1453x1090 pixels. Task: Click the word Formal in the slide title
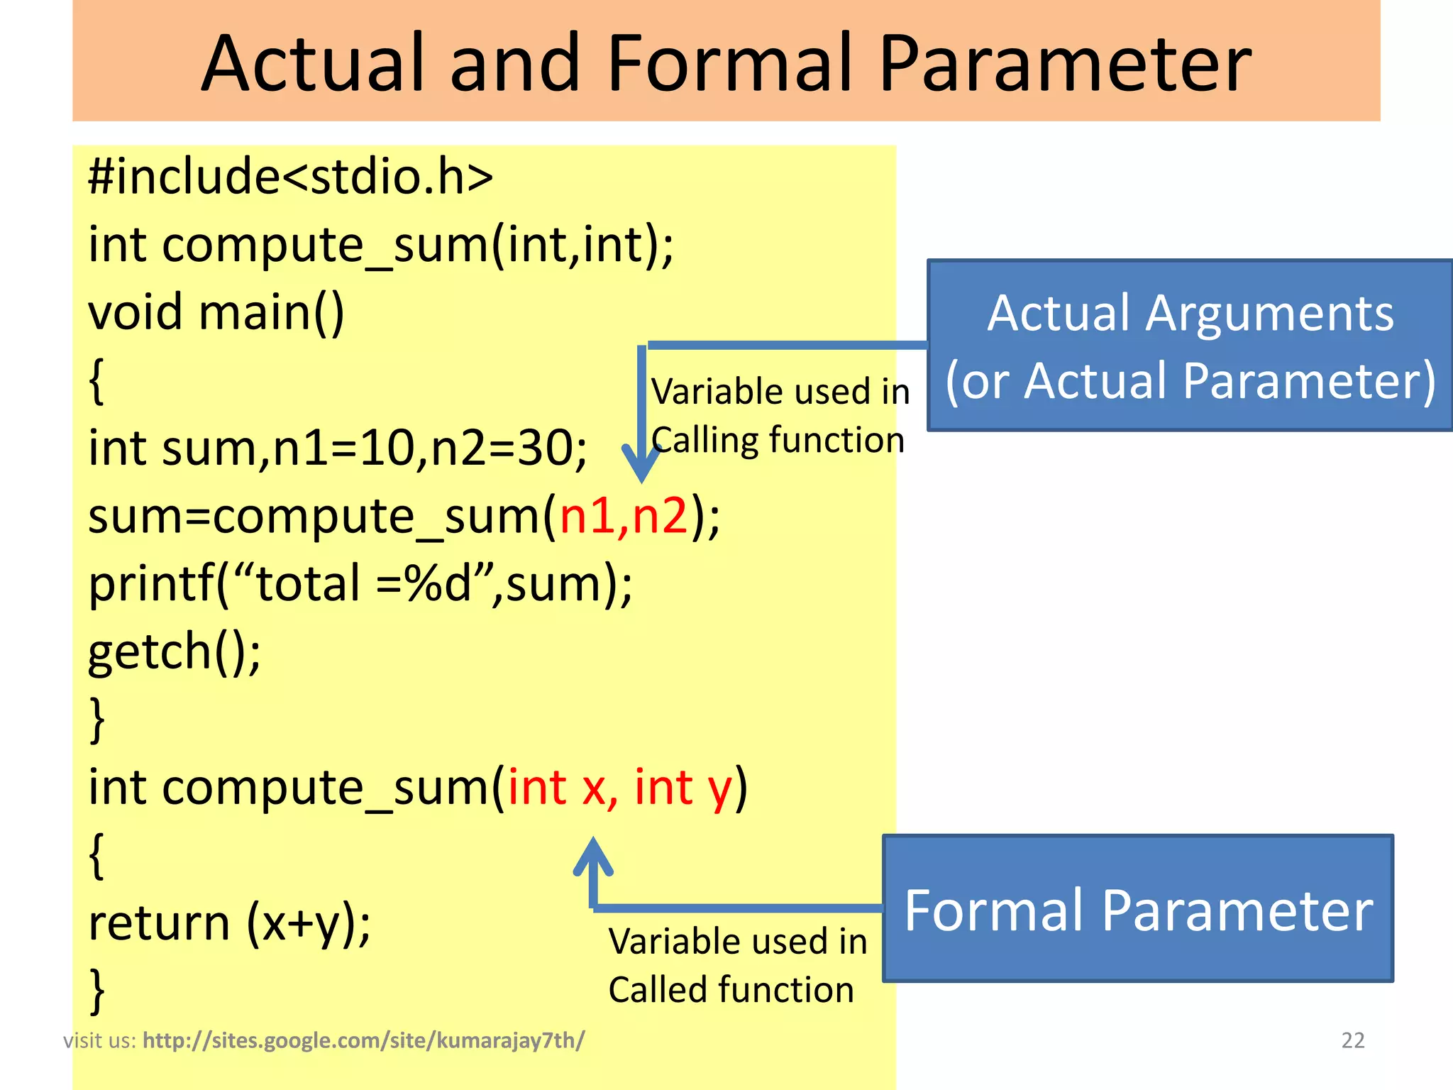pos(729,64)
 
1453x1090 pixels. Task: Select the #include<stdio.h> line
pos(290,177)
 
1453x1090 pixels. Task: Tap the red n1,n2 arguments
pos(624,516)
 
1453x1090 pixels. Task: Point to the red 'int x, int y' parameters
pos(619,788)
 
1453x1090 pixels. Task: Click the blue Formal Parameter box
pos(1138,909)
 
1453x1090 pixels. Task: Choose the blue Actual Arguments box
pos(1190,346)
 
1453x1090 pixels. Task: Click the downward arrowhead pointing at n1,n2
pos(641,464)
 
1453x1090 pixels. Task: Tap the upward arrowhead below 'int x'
pos(593,856)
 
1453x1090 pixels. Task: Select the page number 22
pos(1352,1040)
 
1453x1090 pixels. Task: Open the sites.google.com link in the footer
pos(363,1040)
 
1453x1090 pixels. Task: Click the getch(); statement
pos(175,651)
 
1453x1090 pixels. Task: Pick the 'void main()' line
pos(216,312)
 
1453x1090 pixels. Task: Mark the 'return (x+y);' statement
pos(229,923)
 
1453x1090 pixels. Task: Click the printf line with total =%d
pos(360,584)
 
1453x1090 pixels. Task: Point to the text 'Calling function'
pos(778,441)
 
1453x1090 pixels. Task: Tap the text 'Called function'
pos(731,990)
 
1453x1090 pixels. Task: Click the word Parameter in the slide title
pos(1065,64)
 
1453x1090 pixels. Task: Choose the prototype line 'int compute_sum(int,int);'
pos(380,245)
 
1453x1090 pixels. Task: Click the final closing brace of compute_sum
pos(98,990)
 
